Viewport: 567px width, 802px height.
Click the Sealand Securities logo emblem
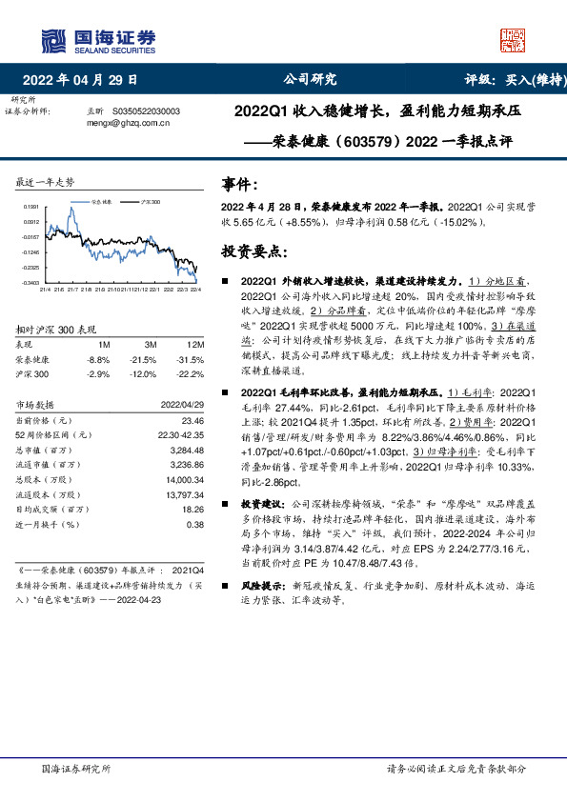point(53,40)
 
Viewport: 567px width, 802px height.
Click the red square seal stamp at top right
point(507,40)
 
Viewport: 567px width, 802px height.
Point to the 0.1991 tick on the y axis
point(31,206)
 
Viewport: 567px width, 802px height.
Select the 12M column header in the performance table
point(195,343)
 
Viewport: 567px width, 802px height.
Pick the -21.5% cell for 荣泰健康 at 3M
point(144,359)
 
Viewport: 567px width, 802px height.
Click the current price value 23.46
point(192,420)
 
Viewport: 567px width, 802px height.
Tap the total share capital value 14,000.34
point(186,481)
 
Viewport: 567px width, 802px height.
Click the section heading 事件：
point(239,184)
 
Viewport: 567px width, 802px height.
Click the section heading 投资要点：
point(253,252)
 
